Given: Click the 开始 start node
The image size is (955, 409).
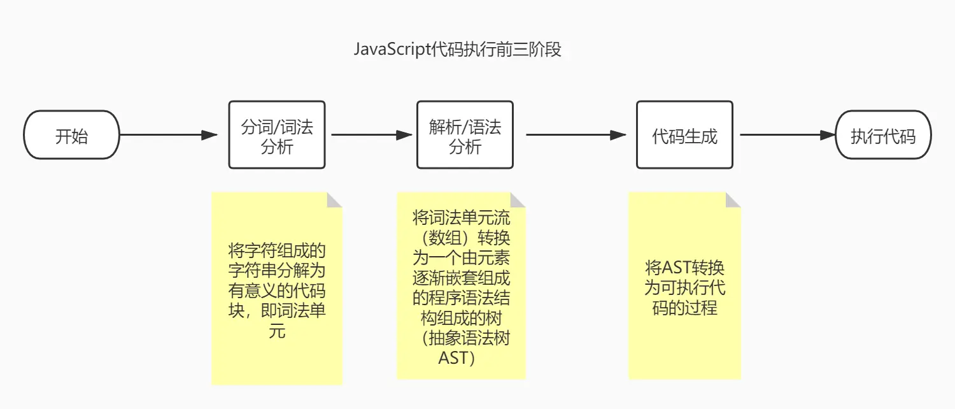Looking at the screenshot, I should tap(71, 135).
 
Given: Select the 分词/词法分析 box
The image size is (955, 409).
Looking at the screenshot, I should tap(277, 135).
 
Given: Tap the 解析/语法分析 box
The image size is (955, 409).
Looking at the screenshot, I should tap(465, 135).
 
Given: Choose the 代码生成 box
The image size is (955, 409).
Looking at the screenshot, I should tap(684, 135).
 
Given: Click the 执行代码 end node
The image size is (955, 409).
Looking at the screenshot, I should tap(883, 135).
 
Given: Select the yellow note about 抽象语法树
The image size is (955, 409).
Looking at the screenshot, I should tap(461, 287).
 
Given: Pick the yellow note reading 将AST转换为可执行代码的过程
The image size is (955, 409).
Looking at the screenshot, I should tap(684, 287).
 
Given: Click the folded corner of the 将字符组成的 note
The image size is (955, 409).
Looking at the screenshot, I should tap(334, 200).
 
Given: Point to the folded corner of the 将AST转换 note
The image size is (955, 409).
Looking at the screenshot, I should tap(733, 200).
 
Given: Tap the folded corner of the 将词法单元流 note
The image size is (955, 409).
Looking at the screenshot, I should tap(518, 200).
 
